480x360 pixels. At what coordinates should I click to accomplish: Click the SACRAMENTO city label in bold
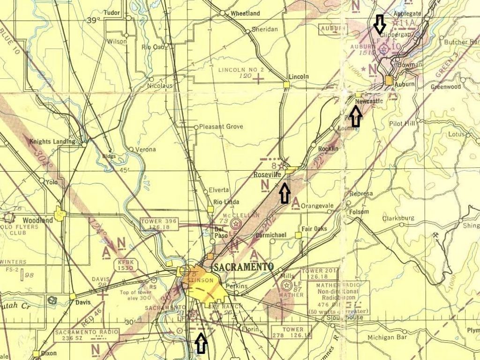[243, 267]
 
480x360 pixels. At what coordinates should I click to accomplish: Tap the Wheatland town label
[245, 14]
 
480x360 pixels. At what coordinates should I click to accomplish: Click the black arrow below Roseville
[284, 193]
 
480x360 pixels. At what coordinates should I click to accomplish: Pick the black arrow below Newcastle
[355, 116]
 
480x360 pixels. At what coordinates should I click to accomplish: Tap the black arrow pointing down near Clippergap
[379, 23]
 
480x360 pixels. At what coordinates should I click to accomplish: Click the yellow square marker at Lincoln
[286, 84]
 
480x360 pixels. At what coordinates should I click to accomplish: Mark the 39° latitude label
[93, 20]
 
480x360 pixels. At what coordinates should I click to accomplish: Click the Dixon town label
[48, 353]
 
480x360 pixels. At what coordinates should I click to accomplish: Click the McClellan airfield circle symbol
[236, 224]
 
